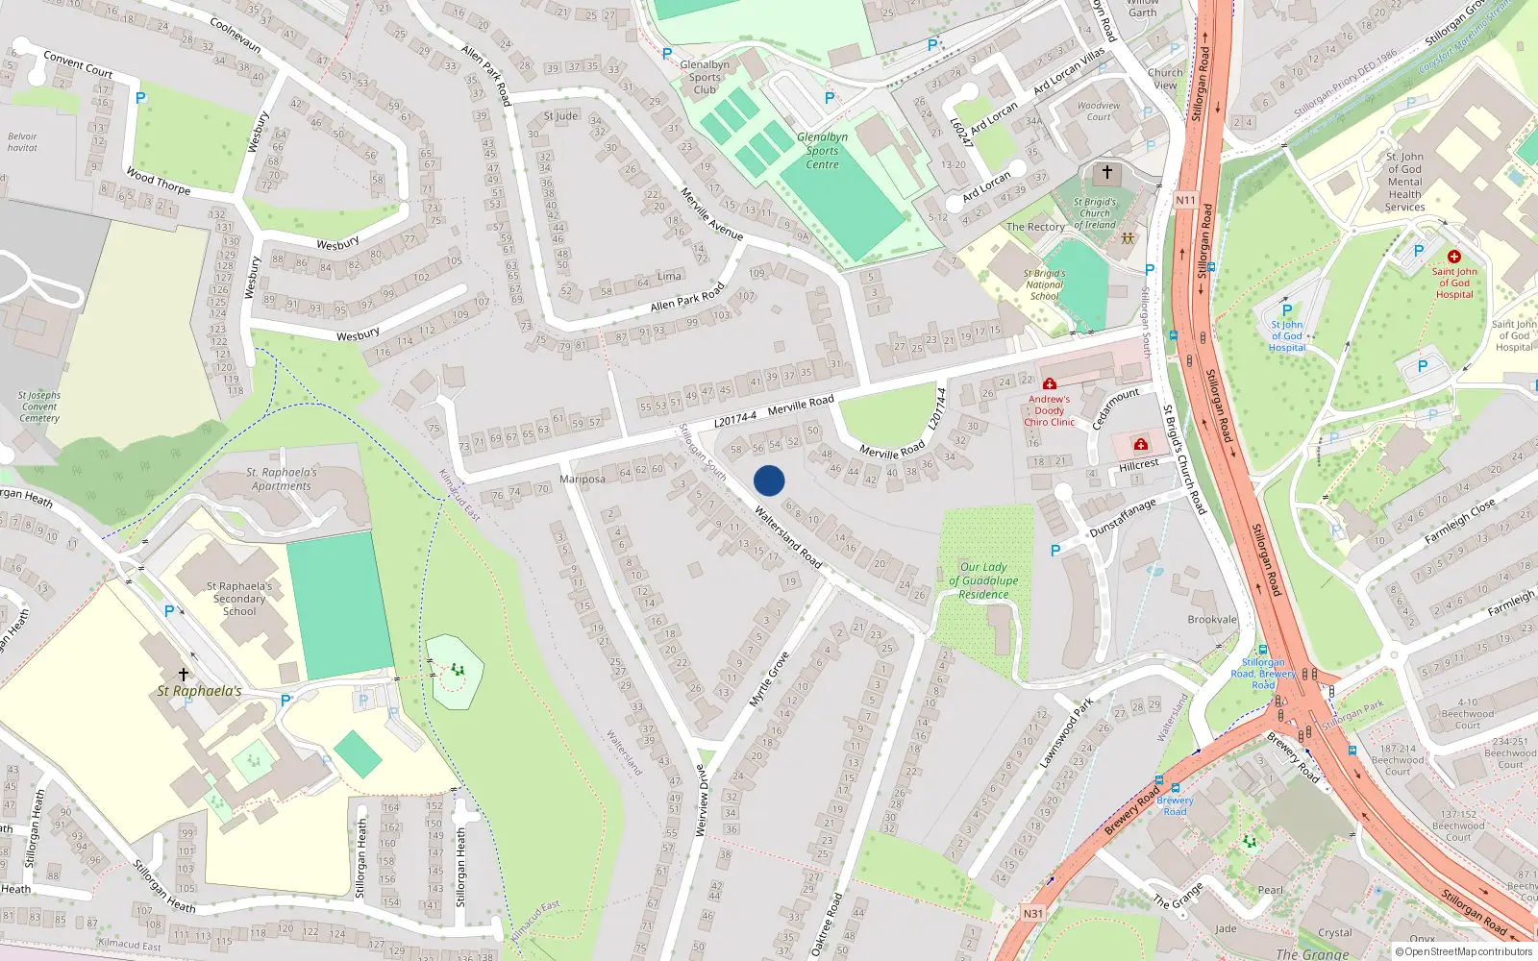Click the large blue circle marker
click(x=769, y=480)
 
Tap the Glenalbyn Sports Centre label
click(x=822, y=151)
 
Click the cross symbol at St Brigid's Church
click(x=1106, y=173)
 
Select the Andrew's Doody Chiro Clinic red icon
click(x=1049, y=384)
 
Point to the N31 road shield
click(x=1032, y=913)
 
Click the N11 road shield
click(x=1185, y=201)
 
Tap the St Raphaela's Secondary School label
click(x=240, y=598)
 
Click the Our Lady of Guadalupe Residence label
click(x=983, y=580)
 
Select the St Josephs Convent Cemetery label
click(x=39, y=407)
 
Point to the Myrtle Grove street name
click(x=769, y=680)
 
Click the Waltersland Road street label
click(x=788, y=536)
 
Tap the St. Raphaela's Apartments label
click(x=281, y=479)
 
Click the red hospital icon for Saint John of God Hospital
click(x=1453, y=257)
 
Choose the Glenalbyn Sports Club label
click(x=705, y=77)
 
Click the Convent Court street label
click(x=78, y=64)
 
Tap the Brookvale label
click(x=1212, y=620)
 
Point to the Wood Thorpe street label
click(x=159, y=181)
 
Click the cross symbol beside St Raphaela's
click(x=184, y=675)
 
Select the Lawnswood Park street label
click(x=1066, y=733)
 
